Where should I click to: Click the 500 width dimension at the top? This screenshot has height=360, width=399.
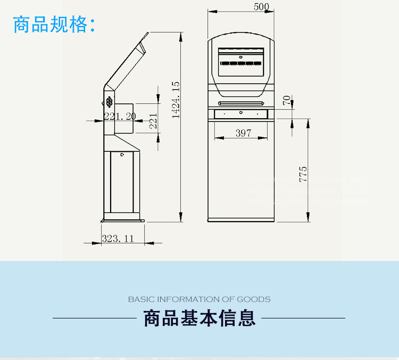pyautogui.click(x=262, y=7)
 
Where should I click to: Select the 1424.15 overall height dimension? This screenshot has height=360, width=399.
pyautogui.click(x=176, y=100)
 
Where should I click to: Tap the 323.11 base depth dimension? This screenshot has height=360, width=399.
pyautogui.click(x=118, y=239)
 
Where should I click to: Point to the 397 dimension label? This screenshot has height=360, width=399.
pyautogui.click(x=243, y=133)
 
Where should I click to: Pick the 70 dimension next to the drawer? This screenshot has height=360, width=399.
pyautogui.click(x=287, y=100)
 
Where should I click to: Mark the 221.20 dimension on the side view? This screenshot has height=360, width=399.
pyautogui.click(x=120, y=116)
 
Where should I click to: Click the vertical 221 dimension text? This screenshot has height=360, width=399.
pyautogui.click(x=153, y=121)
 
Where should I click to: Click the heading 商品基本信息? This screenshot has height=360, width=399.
pyautogui.click(x=199, y=318)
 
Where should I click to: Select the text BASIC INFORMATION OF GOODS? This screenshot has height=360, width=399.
pyautogui.click(x=199, y=299)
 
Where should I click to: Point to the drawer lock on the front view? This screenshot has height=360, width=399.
pyautogui.click(x=241, y=112)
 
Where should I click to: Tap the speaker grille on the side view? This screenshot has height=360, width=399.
pyautogui.click(x=109, y=101)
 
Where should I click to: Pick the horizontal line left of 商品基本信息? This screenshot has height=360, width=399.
pyautogui.click(x=95, y=318)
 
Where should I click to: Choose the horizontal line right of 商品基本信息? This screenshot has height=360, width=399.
pyautogui.click(x=303, y=318)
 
